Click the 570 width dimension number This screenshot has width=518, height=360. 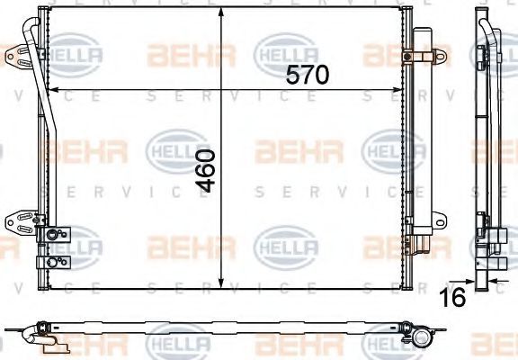[x=308, y=75]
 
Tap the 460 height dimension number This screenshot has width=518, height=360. [x=205, y=171]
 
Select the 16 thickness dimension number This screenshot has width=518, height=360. [x=453, y=296]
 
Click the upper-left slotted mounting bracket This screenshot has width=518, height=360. [x=19, y=55]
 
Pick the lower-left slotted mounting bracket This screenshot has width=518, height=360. [x=19, y=221]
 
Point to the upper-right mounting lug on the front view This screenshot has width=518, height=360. [x=436, y=57]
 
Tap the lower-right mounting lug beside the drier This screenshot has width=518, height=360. [x=440, y=220]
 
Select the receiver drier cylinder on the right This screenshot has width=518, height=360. [x=423, y=132]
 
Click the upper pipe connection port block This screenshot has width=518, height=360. [x=54, y=234]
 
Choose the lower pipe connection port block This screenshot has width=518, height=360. [x=54, y=263]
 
